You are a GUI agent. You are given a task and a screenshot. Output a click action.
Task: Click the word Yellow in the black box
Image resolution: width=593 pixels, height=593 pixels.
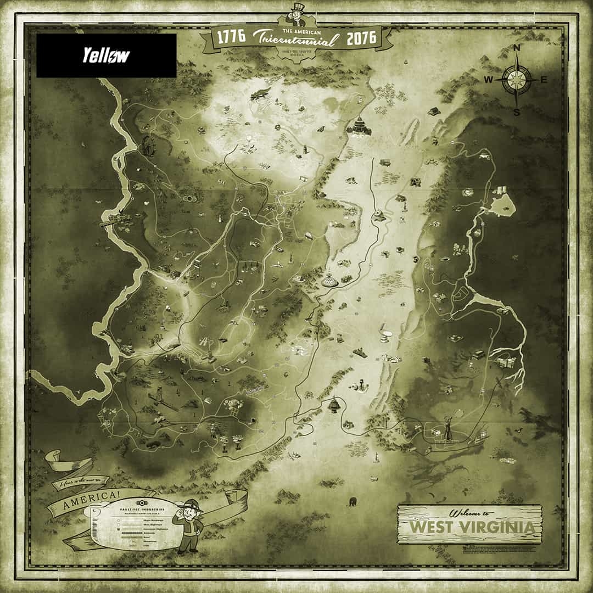106,55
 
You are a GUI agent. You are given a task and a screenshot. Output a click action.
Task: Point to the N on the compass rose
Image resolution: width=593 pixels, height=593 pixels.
516,48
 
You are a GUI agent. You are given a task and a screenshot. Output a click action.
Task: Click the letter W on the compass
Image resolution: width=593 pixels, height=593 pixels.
488,80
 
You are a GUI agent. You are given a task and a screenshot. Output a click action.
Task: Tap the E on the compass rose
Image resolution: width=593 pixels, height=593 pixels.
544,80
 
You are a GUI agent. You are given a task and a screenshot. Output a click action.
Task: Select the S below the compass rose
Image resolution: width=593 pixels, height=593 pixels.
516,113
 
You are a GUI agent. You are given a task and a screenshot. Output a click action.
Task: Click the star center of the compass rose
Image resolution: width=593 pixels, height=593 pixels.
516,80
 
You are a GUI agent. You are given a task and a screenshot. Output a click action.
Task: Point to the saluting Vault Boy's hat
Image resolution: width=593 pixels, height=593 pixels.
194,507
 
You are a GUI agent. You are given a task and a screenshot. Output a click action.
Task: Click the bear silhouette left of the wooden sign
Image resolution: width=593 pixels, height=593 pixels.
353,501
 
